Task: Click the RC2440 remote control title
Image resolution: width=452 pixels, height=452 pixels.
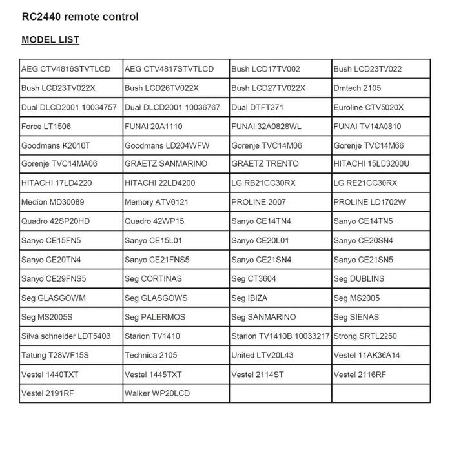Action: (80, 17)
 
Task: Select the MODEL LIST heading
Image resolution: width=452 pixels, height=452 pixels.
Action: (50, 40)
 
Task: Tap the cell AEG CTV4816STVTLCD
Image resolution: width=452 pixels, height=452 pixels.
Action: (66, 69)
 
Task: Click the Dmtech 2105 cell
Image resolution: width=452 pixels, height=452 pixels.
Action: (358, 88)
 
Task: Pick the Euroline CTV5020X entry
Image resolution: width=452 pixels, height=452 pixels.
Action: (369, 107)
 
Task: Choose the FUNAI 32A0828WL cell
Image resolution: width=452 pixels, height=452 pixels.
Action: (266, 127)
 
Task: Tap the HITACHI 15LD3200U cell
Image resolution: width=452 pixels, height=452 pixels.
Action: (372, 164)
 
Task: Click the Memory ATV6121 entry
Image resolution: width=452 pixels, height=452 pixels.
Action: (157, 202)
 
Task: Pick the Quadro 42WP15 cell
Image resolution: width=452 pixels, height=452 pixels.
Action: (155, 221)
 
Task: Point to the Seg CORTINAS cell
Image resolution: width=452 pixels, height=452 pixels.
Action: (154, 279)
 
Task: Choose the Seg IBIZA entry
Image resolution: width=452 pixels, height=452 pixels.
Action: (249, 298)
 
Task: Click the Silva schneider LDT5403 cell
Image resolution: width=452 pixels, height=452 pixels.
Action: (66, 336)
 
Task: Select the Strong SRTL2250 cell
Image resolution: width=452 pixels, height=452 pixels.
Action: (365, 336)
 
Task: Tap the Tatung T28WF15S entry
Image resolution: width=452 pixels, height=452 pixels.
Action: (55, 355)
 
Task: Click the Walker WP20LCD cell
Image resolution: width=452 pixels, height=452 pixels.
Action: (158, 393)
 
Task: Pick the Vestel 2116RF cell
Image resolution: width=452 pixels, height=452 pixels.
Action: (360, 375)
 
